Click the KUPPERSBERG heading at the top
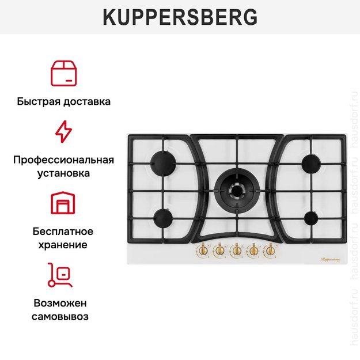click(x=180, y=18)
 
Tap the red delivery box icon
click(x=63, y=71)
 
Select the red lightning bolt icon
click(x=63, y=131)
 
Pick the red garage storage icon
click(x=63, y=203)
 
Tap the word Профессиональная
click(x=63, y=160)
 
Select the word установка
click(x=63, y=172)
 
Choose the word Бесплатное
click(x=63, y=232)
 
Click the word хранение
click(x=63, y=244)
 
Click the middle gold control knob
click(x=236, y=251)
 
